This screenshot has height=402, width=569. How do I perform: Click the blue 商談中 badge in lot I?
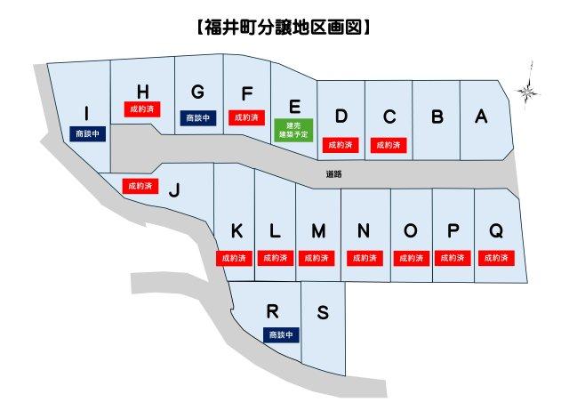tap(86, 133)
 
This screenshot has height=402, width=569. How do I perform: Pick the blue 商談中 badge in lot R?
tap(282, 334)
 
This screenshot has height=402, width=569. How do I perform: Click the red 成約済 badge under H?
tap(140, 109)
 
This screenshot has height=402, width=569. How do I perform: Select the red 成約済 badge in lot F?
tap(245, 117)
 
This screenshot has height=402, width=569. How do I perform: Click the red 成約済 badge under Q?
tap(495, 258)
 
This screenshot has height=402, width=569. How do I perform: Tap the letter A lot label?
tap(481, 117)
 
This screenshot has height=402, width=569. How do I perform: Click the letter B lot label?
tap(437, 117)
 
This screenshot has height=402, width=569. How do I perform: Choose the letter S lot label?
tap(323, 313)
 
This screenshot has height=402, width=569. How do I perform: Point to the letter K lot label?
tap(236, 231)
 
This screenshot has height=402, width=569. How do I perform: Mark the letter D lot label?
tap(341, 117)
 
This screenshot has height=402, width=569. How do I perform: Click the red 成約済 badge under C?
tap(389, 144)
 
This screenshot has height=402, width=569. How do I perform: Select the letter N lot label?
tap(363, 231)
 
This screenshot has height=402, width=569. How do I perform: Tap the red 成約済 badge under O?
tap(409, 258)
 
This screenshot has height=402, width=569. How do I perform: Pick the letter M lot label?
tap(318, 231)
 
